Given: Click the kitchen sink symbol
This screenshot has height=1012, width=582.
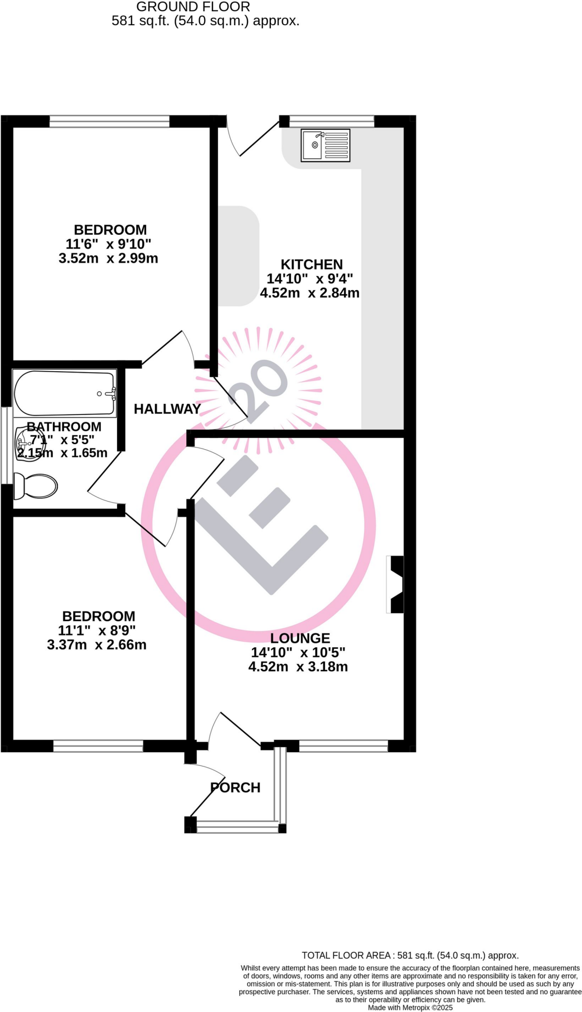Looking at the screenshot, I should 326,145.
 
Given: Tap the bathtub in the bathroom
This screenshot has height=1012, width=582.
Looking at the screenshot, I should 65,393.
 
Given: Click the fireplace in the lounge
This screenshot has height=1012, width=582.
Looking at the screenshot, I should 396,585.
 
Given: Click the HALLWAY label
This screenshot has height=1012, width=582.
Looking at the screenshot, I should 167,409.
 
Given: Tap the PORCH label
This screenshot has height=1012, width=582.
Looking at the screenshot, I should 235,788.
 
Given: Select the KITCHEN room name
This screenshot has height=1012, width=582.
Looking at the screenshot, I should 312,264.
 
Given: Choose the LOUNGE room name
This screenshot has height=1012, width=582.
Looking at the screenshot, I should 300,638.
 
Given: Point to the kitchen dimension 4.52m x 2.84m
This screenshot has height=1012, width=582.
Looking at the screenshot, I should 310,293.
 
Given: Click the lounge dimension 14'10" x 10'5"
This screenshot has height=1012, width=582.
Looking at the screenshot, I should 298,652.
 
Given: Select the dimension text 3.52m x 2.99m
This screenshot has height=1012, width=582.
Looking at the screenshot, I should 108,258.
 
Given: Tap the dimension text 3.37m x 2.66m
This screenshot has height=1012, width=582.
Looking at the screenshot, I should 97,645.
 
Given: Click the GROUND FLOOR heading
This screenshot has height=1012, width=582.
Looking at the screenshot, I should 193,7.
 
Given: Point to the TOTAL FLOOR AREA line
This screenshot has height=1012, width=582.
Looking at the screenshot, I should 410,956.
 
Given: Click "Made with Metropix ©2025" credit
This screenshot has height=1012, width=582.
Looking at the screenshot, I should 410,1008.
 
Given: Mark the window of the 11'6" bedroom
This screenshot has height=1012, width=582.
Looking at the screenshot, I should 109,121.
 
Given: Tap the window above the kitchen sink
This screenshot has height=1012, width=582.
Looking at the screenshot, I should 332,121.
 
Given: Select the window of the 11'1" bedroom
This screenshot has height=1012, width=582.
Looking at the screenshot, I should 98,746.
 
